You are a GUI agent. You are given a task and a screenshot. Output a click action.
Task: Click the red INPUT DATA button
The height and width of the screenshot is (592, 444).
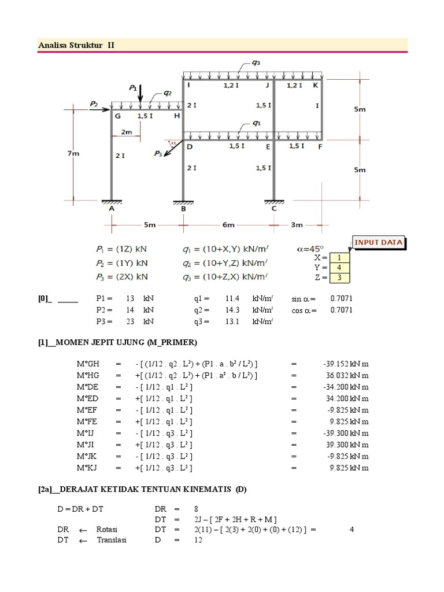tap(378, 243)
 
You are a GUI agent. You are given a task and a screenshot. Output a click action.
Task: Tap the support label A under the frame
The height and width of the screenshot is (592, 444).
tap(110, 209)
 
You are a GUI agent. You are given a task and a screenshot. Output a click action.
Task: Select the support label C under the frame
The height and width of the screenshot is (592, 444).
tap(273, 209)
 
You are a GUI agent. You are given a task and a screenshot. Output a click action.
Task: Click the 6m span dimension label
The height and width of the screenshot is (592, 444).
tap(228, 224)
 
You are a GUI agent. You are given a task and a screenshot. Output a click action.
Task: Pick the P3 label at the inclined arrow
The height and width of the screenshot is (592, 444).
tap(158, 153)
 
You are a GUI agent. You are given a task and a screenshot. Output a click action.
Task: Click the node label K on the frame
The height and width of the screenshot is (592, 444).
tap(314, 86)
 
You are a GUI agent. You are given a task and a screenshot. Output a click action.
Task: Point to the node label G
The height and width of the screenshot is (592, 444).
tap(117, 116)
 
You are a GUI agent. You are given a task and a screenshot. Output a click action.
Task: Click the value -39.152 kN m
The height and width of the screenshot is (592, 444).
tap(346, 364)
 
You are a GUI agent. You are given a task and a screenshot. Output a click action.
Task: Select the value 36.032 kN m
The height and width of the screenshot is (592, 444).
tap(346, 375)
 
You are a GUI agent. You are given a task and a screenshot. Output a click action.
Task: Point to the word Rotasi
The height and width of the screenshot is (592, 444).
tap(107, 529)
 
